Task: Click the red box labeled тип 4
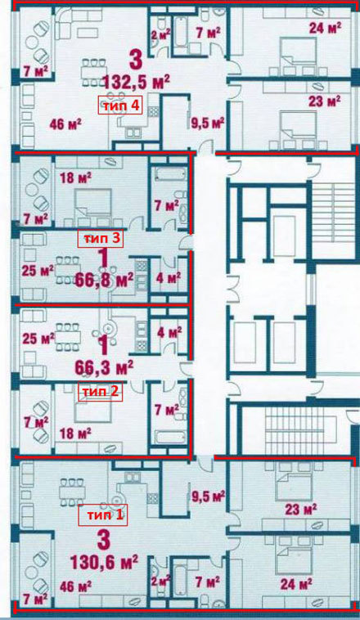tap(120, 106)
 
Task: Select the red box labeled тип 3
tap(101, 239)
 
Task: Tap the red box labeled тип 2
tap(100, 392)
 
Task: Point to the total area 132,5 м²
tap(137, 82)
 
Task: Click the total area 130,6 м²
tap(104, 562)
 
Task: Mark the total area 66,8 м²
tap(104, 281)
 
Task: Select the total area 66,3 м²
tap(104, 368)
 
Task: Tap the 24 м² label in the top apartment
tap(325, 28)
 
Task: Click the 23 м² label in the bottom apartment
tap(300, 509)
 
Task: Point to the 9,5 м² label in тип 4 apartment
tap(205, 123)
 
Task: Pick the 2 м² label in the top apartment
tap(160, 34)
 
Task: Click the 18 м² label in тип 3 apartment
tap(75, 177)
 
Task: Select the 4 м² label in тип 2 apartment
tap(169, 332)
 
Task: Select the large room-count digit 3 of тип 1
tap(103, 540)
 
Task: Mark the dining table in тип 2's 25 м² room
tap(68, 337)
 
